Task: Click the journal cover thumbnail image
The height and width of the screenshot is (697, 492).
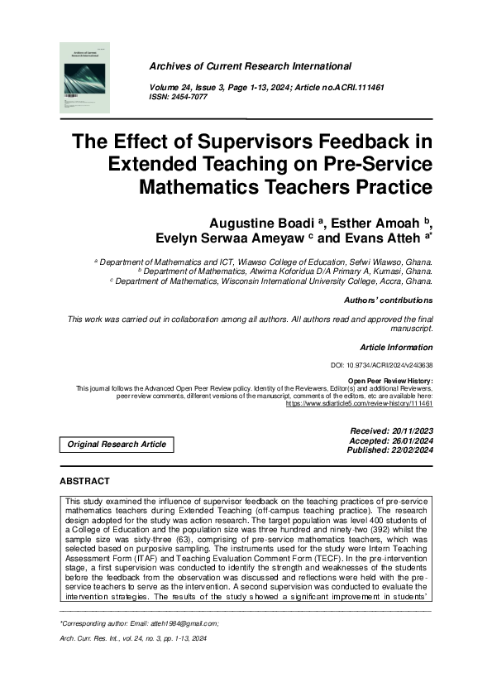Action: click(x=85, y=79)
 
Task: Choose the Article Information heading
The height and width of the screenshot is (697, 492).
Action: click(x=396, y=347)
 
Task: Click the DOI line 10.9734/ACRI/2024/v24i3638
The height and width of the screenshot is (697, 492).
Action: click(x=381, y=365)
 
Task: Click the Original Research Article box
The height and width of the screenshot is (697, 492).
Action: click(x=117, y=445)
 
